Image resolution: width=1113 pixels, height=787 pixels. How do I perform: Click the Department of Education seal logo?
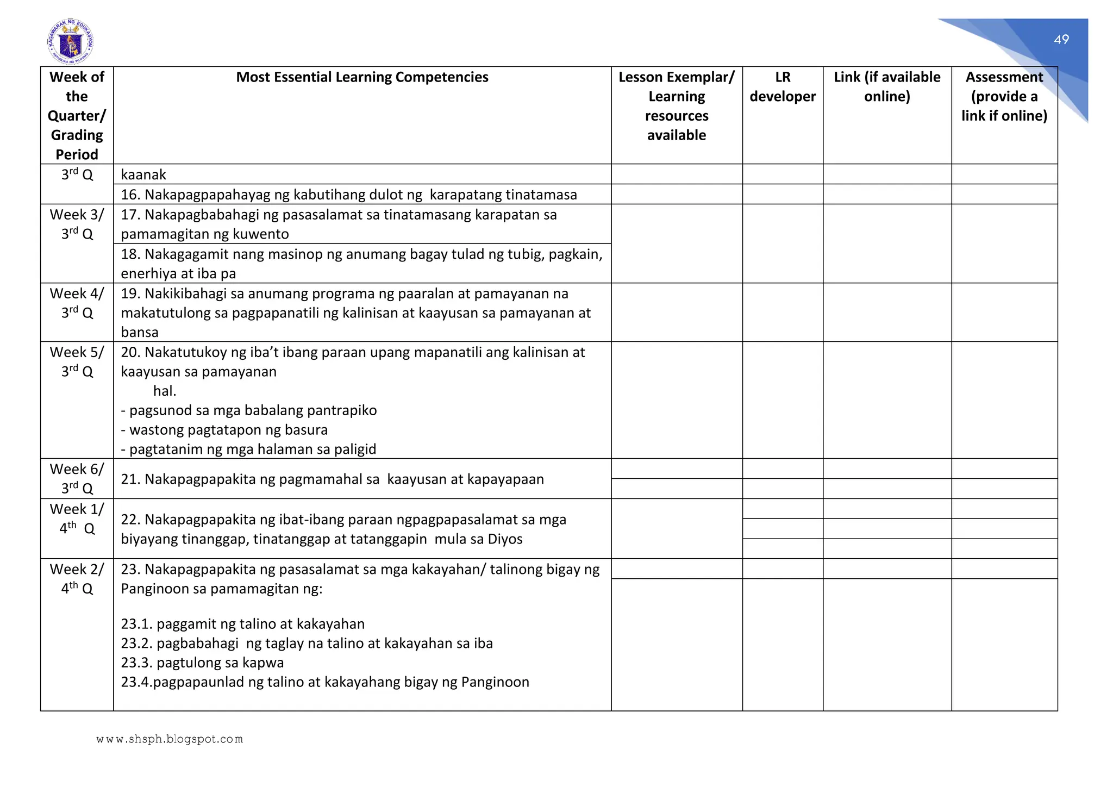[71, 42]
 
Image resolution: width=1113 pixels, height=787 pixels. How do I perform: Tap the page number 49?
[1061, 39]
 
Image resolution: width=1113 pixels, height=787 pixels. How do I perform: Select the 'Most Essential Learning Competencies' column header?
[362, 77]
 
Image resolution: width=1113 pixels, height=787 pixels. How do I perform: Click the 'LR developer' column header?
[783, 87]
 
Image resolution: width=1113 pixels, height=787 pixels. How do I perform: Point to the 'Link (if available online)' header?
[887, 87]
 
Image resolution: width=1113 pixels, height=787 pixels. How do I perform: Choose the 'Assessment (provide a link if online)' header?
[1004, 96]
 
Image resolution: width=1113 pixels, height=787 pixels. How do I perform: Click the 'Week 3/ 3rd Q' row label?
[77, 224]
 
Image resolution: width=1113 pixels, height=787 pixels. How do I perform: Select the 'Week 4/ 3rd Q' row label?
[77, 303]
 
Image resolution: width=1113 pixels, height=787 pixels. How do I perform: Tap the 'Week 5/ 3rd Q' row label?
[77, 361]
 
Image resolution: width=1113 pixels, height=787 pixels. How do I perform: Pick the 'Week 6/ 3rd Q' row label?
[77, 478]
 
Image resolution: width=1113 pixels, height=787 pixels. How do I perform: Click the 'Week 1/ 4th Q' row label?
[77, 519]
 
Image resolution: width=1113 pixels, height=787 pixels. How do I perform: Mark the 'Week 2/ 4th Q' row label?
[77, 578]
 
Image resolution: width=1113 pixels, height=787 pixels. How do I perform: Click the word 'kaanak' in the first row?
[143, 174]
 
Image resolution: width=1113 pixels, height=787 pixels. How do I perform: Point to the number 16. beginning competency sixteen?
[130, 195]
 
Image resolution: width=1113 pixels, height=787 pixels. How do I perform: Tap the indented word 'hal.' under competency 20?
[165, 391]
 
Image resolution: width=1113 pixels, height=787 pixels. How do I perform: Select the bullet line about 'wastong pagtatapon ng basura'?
[224, 430]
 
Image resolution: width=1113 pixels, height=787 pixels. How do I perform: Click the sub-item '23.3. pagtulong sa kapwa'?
[202, 663]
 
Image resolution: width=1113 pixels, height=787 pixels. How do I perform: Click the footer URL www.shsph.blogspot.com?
[170, 739]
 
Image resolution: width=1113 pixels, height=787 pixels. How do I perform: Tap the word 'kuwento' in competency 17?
[261, 234]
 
